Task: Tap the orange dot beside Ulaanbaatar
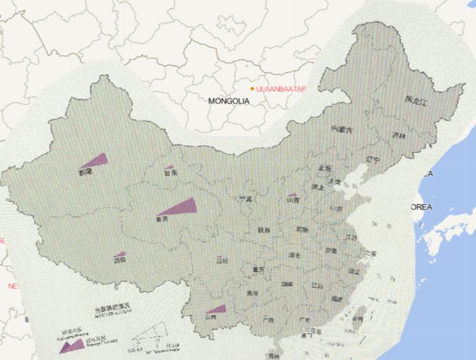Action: [252, 89]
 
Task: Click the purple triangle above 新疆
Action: [97, 160]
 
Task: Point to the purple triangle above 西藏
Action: [120, 254]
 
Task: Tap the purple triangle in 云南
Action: [218, 309]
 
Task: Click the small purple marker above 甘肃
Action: [169, 167]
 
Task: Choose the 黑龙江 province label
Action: [416, 100]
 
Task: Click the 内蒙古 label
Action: [341, 130]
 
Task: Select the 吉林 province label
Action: [399, 136]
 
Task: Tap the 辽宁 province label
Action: [372, 159]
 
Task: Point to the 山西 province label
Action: [293, 200]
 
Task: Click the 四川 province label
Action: [221, 261]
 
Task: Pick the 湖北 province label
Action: [294, 255]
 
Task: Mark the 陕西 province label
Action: [264, 230]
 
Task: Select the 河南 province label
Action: [302, 229]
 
